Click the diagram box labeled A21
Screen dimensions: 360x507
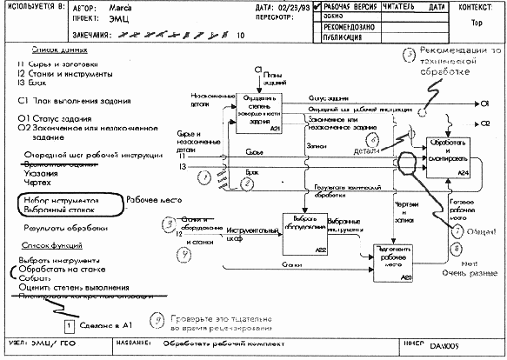tap(258, 110)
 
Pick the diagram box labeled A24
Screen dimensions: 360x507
tap(449, 157)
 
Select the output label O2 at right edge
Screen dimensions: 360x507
tap(484, 124)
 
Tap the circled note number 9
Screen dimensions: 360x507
tap(157, 321)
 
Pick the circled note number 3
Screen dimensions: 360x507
tap(169, 225)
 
